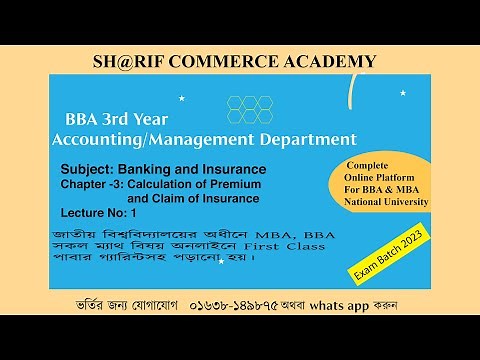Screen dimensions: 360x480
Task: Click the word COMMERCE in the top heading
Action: (x=237, y=61)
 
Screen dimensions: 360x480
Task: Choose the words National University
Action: (x=384, y=202)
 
